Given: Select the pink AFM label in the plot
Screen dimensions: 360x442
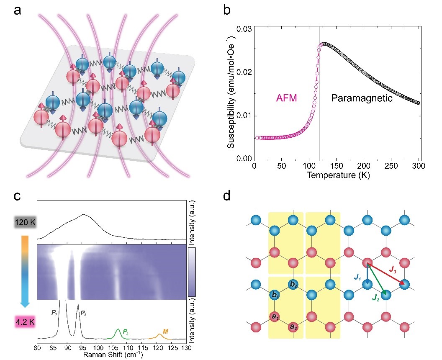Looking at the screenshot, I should coord(287,98).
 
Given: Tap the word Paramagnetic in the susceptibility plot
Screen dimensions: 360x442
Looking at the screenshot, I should coord(361,98).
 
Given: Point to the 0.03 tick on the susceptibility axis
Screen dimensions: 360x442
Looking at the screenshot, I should coord(245,29).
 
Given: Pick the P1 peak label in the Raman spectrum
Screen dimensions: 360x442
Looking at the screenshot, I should coord(54,311).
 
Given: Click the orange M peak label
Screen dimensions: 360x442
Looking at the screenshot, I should coord(165,332).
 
